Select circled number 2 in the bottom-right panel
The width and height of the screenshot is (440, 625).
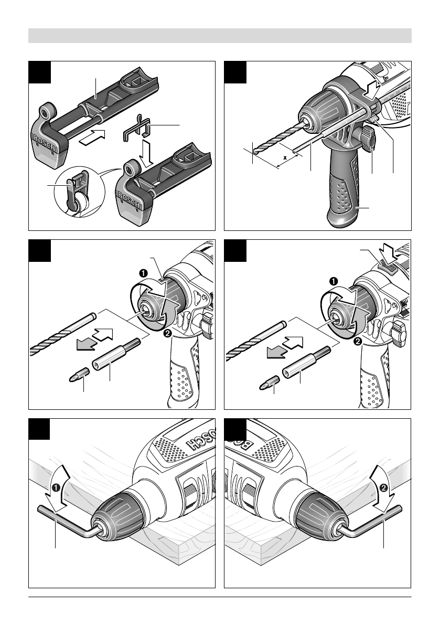383,487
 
